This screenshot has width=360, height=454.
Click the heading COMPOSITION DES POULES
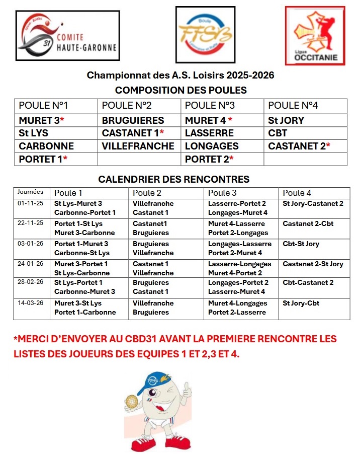tap(181, 90)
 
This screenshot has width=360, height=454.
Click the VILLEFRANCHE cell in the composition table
tap(138, 146)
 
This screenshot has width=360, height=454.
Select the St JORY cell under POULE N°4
tap(286, 120)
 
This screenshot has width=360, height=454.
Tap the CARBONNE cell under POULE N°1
tap(46, 146)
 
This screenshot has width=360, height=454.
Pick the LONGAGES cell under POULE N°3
tap(212, 146)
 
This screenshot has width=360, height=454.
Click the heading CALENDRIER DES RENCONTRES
tap(173, 179)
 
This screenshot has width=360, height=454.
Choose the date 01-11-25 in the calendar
tap(31, 204)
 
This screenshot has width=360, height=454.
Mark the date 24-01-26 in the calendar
tap(31, 264)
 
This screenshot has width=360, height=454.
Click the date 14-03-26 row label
tap(31, 304)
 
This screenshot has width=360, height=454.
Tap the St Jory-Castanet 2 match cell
tap(313, 204)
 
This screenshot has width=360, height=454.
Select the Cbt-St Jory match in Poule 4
tap(301, 244)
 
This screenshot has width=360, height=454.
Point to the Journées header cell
tap(30, 192)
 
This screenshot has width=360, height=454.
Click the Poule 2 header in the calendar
tap(147, 193)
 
